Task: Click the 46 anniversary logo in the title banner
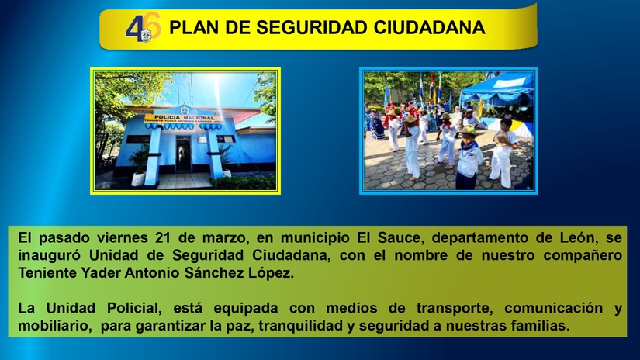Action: pos(143,29)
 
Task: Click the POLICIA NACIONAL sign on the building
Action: pos(183,118)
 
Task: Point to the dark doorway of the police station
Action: pos(184,154)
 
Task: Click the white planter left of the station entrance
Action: pos(138,178)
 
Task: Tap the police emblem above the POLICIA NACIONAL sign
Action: pos(184,109)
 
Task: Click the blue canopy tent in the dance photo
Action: pos(496,89)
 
